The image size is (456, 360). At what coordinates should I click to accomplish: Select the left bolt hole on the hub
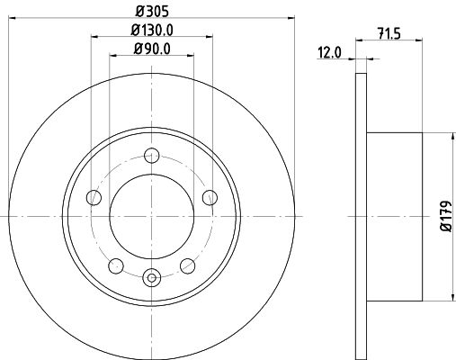[93, 197]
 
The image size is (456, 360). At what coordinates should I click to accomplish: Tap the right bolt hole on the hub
[210, 197]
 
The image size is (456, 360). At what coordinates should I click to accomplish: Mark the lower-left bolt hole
[115, 265]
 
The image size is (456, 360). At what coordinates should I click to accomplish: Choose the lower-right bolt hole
[187, 265]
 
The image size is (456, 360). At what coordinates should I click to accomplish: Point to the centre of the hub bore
[151, 216]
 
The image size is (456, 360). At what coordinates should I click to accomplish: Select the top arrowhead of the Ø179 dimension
[449, 137]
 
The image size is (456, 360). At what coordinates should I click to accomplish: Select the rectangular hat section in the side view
[396, 216]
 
